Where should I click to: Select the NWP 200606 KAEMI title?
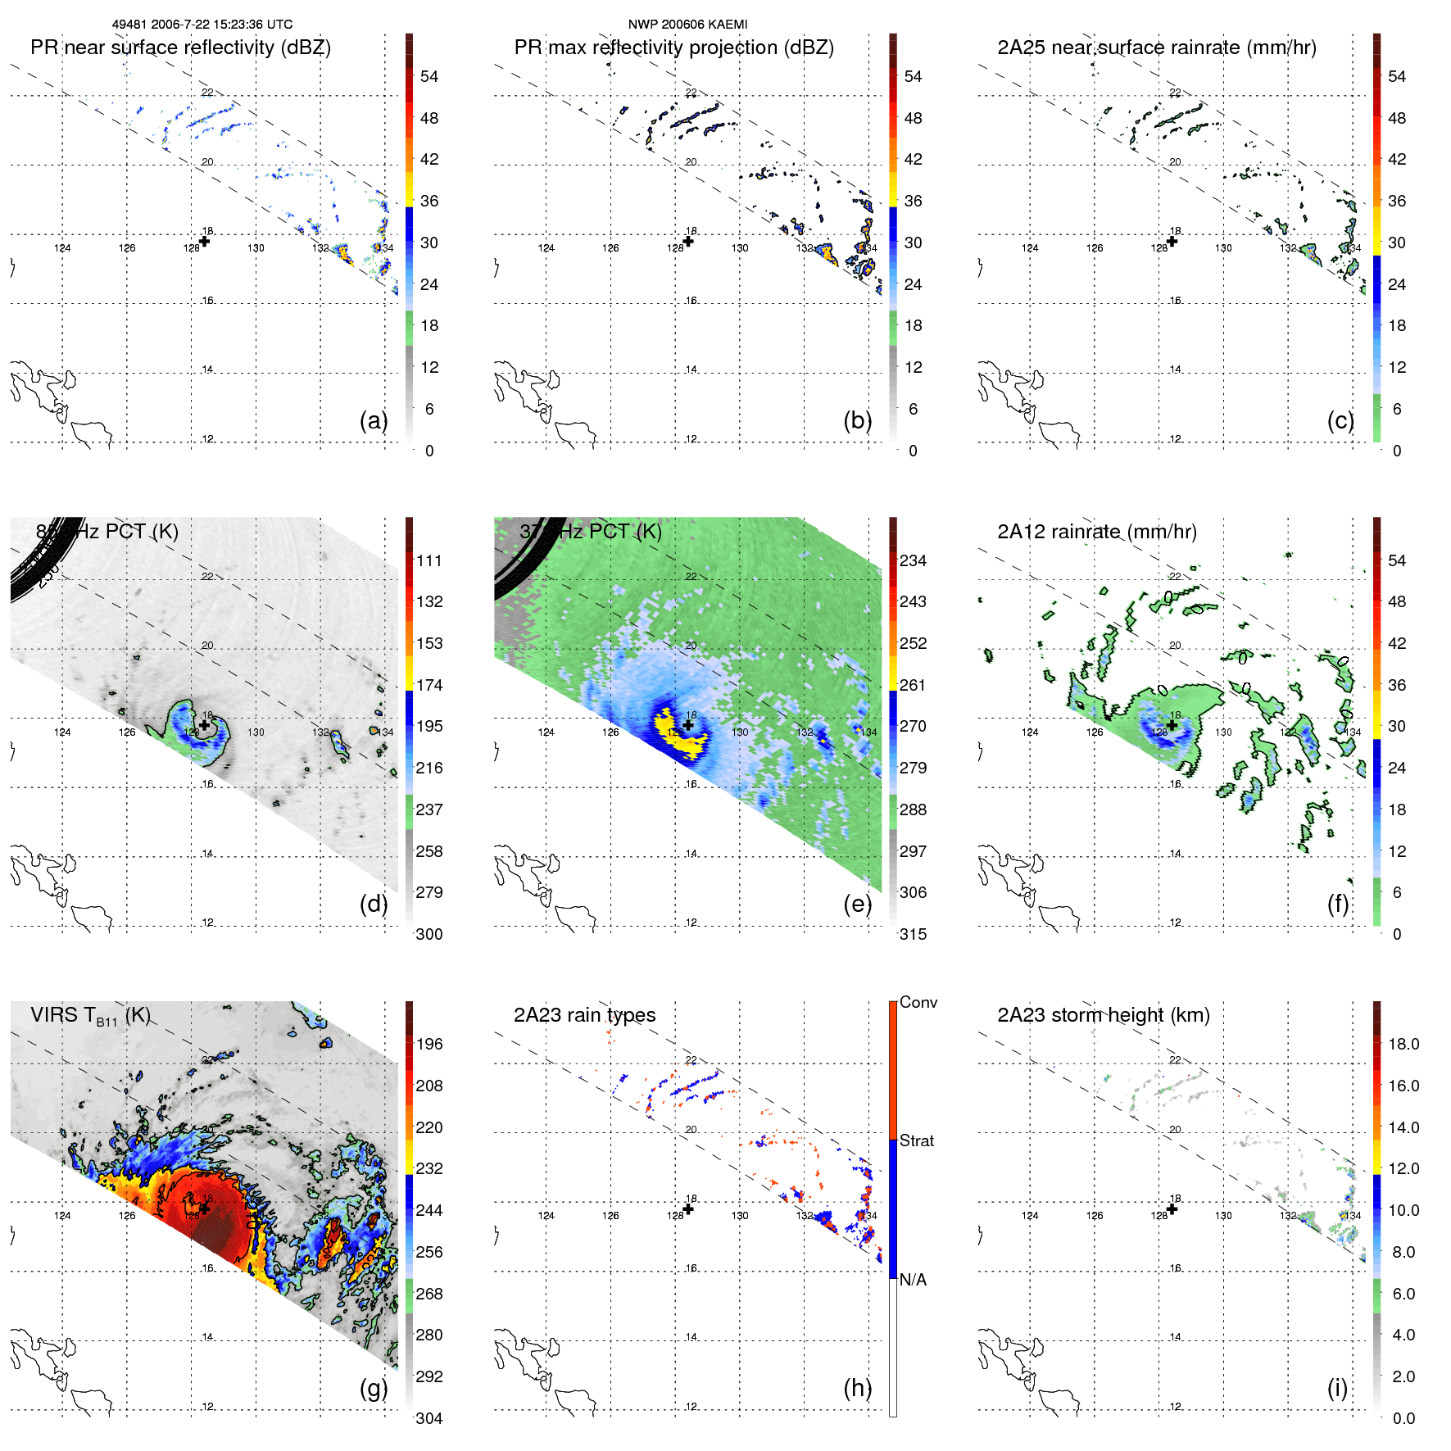[x=687, y=25]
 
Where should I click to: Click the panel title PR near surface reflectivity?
[x=180, y=48]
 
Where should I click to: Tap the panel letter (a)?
[x=374, y=420]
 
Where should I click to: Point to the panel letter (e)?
[x=858, y=904]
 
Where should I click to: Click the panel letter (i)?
[x=1337, y=1388]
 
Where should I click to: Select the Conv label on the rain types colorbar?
[x=918, y=1003]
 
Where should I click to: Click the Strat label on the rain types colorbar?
[x=916, y=1140]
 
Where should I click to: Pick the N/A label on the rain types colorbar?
[x=913, y=1280]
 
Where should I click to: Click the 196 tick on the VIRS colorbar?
[x=429, y=1044]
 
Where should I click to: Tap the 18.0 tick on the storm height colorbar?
[x=1403, y=1044]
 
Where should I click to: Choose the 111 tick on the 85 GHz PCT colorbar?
[x=429, y=560]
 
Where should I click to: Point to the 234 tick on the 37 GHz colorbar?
[x=913, y=560]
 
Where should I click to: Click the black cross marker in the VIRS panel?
[x=204, y=1208]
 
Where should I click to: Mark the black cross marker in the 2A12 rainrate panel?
[x=1172, y=725]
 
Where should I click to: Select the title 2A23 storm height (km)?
[x=1103, y=1015]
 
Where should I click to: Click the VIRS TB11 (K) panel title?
[x=90, y=1016]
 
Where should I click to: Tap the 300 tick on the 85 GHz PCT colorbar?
[x=429, y=934]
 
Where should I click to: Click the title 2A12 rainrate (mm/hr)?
[x=1096, y=532]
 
